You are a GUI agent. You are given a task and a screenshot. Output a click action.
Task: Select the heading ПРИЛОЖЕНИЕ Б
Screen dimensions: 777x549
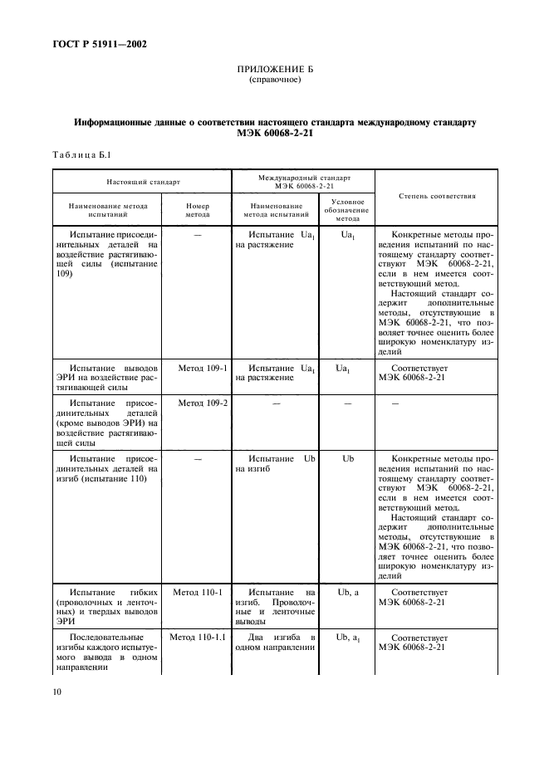point(275,71)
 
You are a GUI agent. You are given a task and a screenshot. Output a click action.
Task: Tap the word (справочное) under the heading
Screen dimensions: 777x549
point(275,81)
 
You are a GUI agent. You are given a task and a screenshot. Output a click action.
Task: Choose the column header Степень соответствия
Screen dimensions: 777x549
point(437,197)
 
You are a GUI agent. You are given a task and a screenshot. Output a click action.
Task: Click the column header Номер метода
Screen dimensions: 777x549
point(197,210)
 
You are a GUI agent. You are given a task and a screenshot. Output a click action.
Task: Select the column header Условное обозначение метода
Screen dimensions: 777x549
point(348,210)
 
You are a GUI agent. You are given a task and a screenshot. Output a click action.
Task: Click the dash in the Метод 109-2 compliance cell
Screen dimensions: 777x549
point(395,403)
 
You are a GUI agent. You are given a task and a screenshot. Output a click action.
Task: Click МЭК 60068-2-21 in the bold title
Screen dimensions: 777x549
point(275,134)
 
